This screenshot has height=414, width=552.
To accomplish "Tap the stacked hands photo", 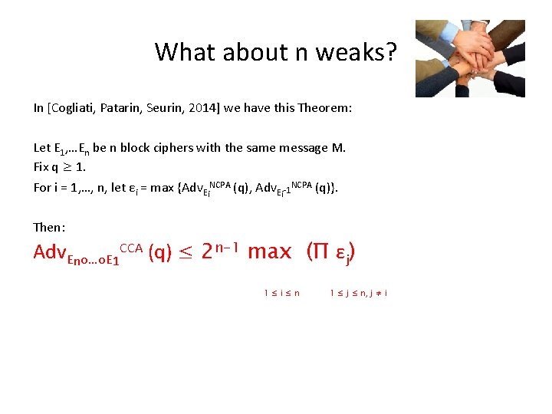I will pyautogui.click(x=470, y=58).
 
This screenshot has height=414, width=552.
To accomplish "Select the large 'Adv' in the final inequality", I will pyautogui.click(x=50, y=252).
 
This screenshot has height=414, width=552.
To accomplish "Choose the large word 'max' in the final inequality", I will pyautogui.click(x=270, y=252).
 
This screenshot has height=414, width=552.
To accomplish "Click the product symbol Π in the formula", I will pyautogui.click(x=315, y=251).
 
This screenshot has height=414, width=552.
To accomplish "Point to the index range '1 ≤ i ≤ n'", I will pyautogui.click(x=281, y=292).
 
